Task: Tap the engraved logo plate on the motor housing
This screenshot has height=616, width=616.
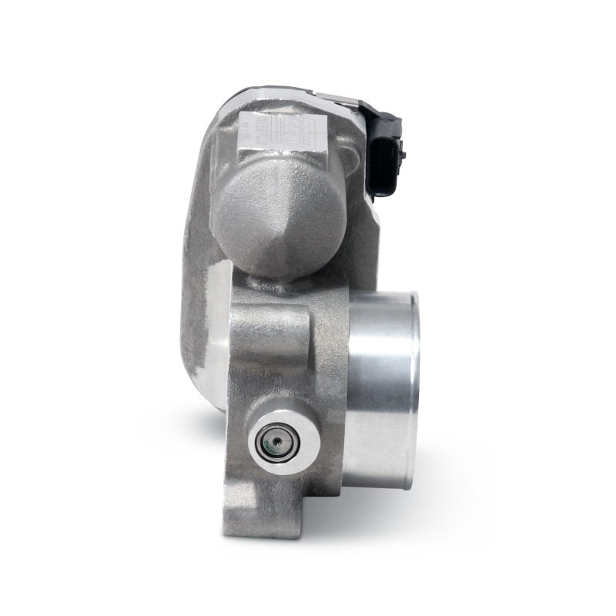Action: coord(257,128)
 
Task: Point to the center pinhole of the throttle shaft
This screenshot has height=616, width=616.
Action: coord(272,446)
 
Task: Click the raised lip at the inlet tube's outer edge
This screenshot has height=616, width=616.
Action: coord(413,385)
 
